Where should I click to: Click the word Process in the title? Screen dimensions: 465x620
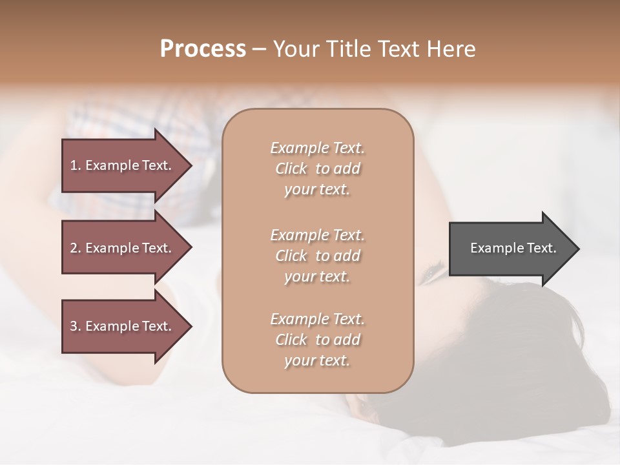point(203,49)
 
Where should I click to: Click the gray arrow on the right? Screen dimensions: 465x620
point(510,248)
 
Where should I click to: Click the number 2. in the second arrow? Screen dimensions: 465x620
point(76,248)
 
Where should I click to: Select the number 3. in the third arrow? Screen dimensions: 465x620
point(76,326)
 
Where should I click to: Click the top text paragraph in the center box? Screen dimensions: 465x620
point(317,169)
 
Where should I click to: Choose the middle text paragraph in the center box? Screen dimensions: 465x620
point(317,256)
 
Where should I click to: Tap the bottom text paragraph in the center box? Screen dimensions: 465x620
point(317,340)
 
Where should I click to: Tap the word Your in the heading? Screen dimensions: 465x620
point(296,49)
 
